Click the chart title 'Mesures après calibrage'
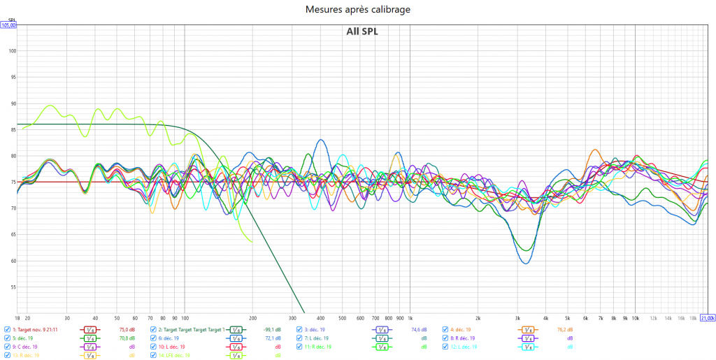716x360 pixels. coord(357,9)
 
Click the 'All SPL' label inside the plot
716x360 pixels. coord(361,31)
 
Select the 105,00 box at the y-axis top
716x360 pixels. coord(8,25)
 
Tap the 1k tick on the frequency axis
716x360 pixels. coord(410,317)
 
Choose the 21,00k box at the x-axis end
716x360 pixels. coord(708,317)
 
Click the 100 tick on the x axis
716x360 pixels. coord(184,317)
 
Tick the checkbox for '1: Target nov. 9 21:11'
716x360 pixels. coord(8,329)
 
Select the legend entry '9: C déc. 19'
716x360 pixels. coord(25,347)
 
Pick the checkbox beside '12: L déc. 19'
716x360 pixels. coord(446,347)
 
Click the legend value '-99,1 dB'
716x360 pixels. coord(272,329)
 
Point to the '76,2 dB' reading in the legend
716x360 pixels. coord(565,329)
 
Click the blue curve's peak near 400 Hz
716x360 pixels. coord(321,140)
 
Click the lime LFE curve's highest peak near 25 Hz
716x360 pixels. coord(50,106)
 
